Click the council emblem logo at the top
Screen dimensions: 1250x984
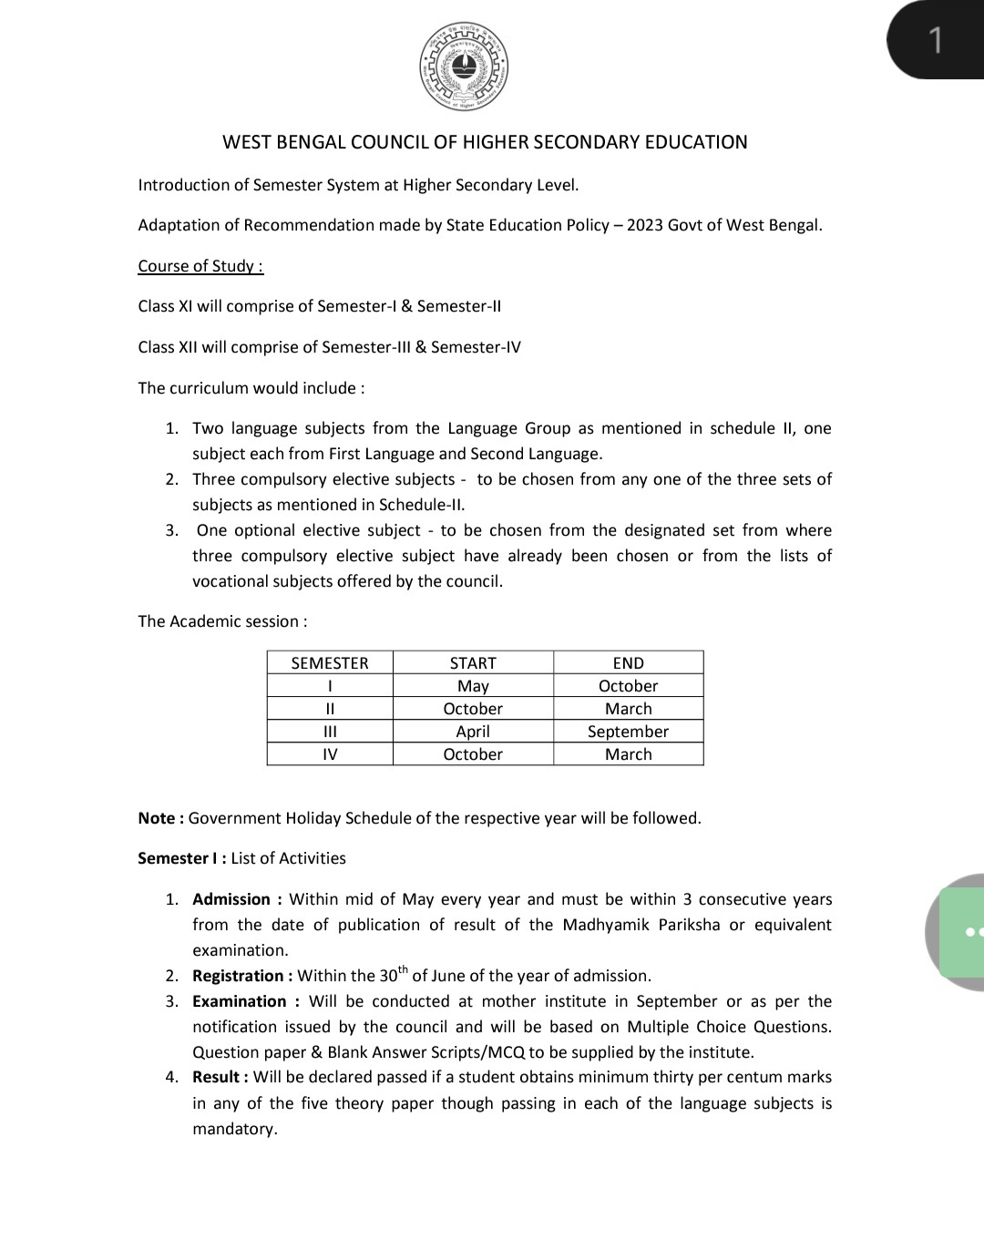coord(464,67)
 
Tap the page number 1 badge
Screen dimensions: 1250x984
coord(935,40)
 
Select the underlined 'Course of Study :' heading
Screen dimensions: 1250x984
coord(200,266)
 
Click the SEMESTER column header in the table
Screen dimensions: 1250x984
coord(330,663)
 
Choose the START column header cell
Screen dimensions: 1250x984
coord(473,663)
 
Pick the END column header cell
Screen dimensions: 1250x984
coord(628,663)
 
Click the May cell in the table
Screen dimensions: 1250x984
coord(473,686)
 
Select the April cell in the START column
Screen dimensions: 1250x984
coord(473,732)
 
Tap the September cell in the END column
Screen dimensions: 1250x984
coord(628,732)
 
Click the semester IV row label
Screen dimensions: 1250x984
coord(330,754)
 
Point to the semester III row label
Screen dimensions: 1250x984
coord(330,732)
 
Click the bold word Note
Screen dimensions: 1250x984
coord(157,818)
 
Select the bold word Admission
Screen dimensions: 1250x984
coord(231,899)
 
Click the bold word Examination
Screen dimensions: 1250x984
coord(240,1001)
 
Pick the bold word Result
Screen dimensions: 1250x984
coord(216,1077)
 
